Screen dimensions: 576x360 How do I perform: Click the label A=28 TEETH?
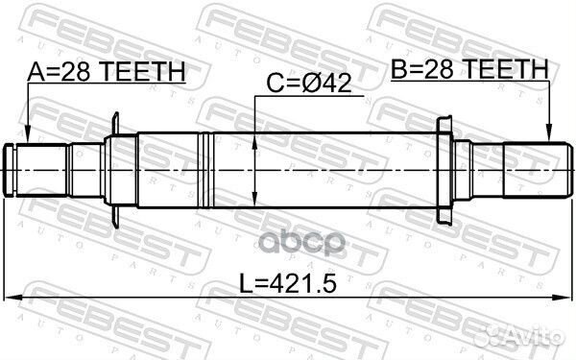tap(107, 72)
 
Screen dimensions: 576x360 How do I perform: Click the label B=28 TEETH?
tap(469, 69)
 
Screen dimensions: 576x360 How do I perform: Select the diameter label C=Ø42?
tap(309, 83)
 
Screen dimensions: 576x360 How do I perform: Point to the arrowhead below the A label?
tap(28, 135)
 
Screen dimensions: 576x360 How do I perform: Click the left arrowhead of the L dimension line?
tap(13, 298)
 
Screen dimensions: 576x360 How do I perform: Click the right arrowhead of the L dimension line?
tap(563, 298)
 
